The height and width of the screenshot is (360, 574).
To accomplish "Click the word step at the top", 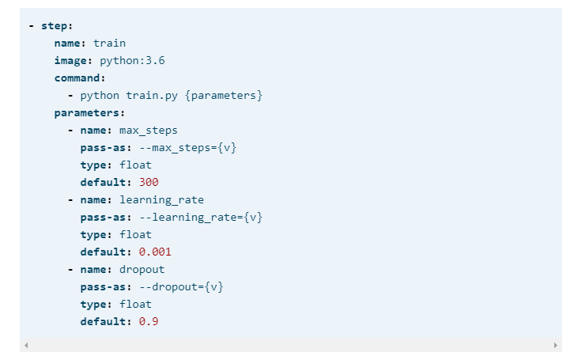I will point(55,25).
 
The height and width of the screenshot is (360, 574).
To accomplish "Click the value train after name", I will point(109,43).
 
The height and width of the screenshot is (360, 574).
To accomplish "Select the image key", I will point(73,60).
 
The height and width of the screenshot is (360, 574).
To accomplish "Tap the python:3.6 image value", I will point(132,60).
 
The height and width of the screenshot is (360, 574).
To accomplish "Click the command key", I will point(79,78).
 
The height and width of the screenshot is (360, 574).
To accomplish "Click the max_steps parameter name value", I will point(149,130).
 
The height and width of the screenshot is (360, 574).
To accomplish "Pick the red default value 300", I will point(149,182).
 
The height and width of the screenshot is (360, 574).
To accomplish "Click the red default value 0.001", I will point(155,252).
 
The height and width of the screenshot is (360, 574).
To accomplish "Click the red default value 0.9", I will point(149,321).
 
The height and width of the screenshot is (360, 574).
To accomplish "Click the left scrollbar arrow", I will point(26,346).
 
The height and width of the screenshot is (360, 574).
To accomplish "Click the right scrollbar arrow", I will point(556,346).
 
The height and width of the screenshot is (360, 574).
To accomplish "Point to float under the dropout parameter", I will point(135,304).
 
